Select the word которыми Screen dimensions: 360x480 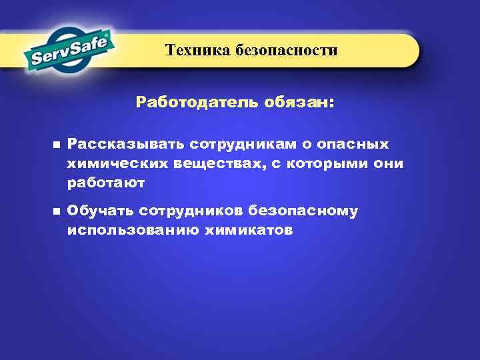(x=324, y=163)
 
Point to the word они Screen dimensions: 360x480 (x=389, y=163)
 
